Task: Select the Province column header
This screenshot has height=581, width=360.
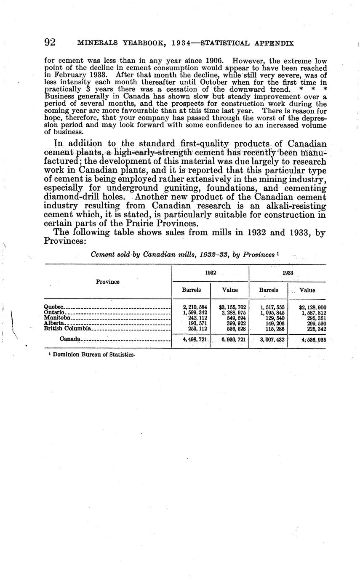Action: tap(107, 282)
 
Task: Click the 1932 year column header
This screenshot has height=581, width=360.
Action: tap(211, 273)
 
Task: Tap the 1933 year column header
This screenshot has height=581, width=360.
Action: tap(288, 273)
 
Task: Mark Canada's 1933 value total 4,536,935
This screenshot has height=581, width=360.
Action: tap(313, 339)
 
